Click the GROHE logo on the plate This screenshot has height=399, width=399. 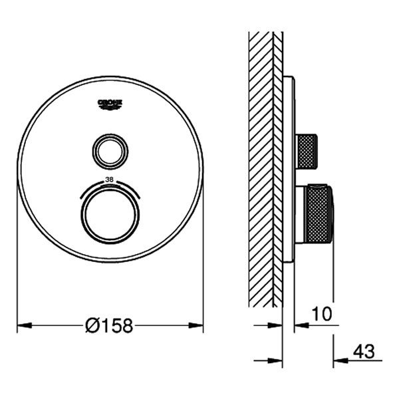(x=110, y=102)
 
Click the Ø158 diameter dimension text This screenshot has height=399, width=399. (x=110, y=325)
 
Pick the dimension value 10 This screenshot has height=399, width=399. (x=321, y=313)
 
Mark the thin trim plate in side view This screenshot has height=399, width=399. (x=288, y=170)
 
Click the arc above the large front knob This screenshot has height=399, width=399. (x=110, y=187)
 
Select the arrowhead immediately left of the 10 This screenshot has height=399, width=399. (x=300, y=325)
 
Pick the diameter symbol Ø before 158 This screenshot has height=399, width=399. (x=92, y=325)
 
